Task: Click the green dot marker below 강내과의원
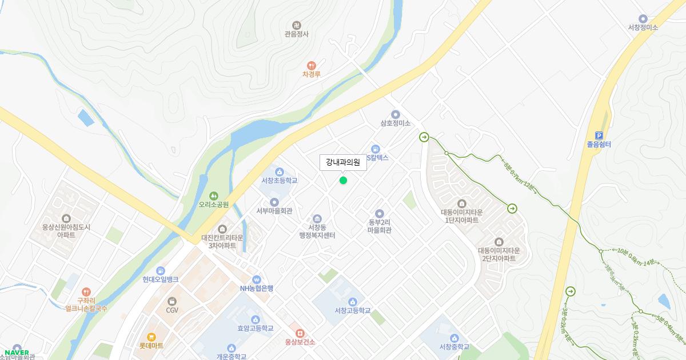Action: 343,181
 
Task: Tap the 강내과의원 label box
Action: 343,162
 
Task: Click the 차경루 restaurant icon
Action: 312,66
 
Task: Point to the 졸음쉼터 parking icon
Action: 599,135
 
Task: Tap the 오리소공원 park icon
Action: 214,195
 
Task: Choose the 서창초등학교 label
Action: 280,181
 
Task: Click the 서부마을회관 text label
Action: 274,211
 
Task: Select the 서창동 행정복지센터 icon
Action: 317,219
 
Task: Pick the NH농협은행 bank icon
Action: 257,279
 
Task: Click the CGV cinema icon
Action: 172,301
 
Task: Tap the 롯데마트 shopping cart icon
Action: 151,337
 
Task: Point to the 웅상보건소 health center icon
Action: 300,333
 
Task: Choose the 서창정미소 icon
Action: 643,19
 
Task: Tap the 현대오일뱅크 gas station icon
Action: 161,270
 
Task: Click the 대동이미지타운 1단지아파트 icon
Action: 462,203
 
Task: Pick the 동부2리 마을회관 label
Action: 380,226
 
